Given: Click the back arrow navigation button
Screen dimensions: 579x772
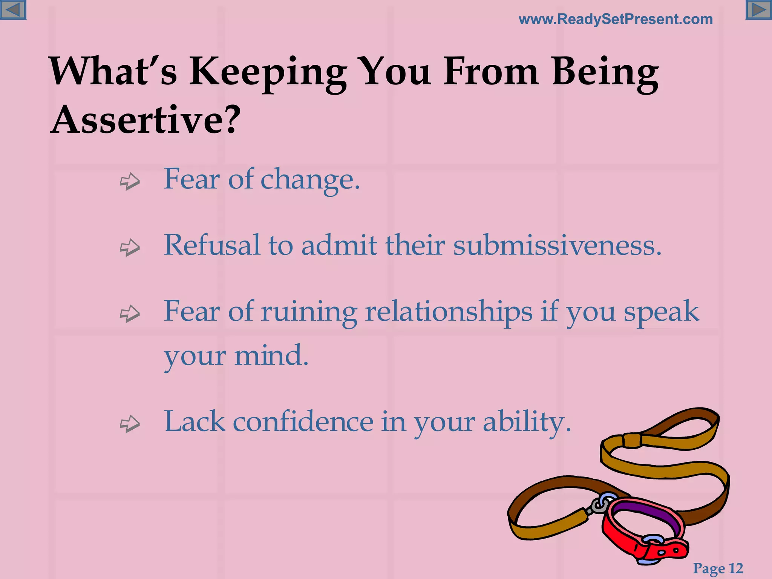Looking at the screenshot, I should pos(13,10).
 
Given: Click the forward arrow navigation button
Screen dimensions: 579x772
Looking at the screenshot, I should pos(758,10).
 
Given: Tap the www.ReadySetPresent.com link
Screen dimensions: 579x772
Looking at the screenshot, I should pos(616,19).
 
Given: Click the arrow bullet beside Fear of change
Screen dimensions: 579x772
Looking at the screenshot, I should pos(130,181).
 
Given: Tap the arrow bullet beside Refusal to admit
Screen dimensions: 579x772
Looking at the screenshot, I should pos(130,247).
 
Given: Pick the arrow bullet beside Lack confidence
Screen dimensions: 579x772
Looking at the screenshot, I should pos(130,424).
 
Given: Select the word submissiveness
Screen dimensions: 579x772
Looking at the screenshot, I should pos(557,245).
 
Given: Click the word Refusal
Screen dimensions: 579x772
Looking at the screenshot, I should pos(212,245).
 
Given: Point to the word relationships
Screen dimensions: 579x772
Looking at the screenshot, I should pos(449,312).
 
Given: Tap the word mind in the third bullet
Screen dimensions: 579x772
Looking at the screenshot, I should pos(271,356).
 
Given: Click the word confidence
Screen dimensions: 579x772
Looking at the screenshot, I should pos(303,422).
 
